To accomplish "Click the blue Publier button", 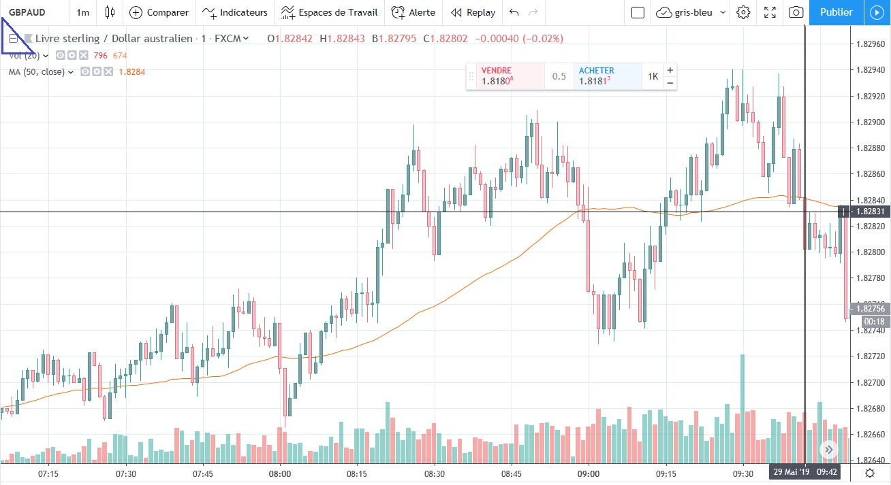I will coord(836,12).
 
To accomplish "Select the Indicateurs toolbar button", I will coord(235,12).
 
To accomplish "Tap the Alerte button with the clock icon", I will coord(413,12).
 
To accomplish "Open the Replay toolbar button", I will coord(473,12).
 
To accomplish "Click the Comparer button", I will coord(159,12).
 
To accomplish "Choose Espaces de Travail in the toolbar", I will coord(329,12).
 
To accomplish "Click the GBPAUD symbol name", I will coord(23,12).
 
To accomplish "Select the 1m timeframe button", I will coord(82,12).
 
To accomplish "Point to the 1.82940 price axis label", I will coord(869,70).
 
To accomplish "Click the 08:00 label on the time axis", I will coord(280,473).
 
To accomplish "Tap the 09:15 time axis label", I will coord(666,473).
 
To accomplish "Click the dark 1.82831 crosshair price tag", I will coord(869,212).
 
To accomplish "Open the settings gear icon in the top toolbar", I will coord(743,12).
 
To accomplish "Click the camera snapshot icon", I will coord(795,12).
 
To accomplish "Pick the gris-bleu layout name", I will coord(693,12).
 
